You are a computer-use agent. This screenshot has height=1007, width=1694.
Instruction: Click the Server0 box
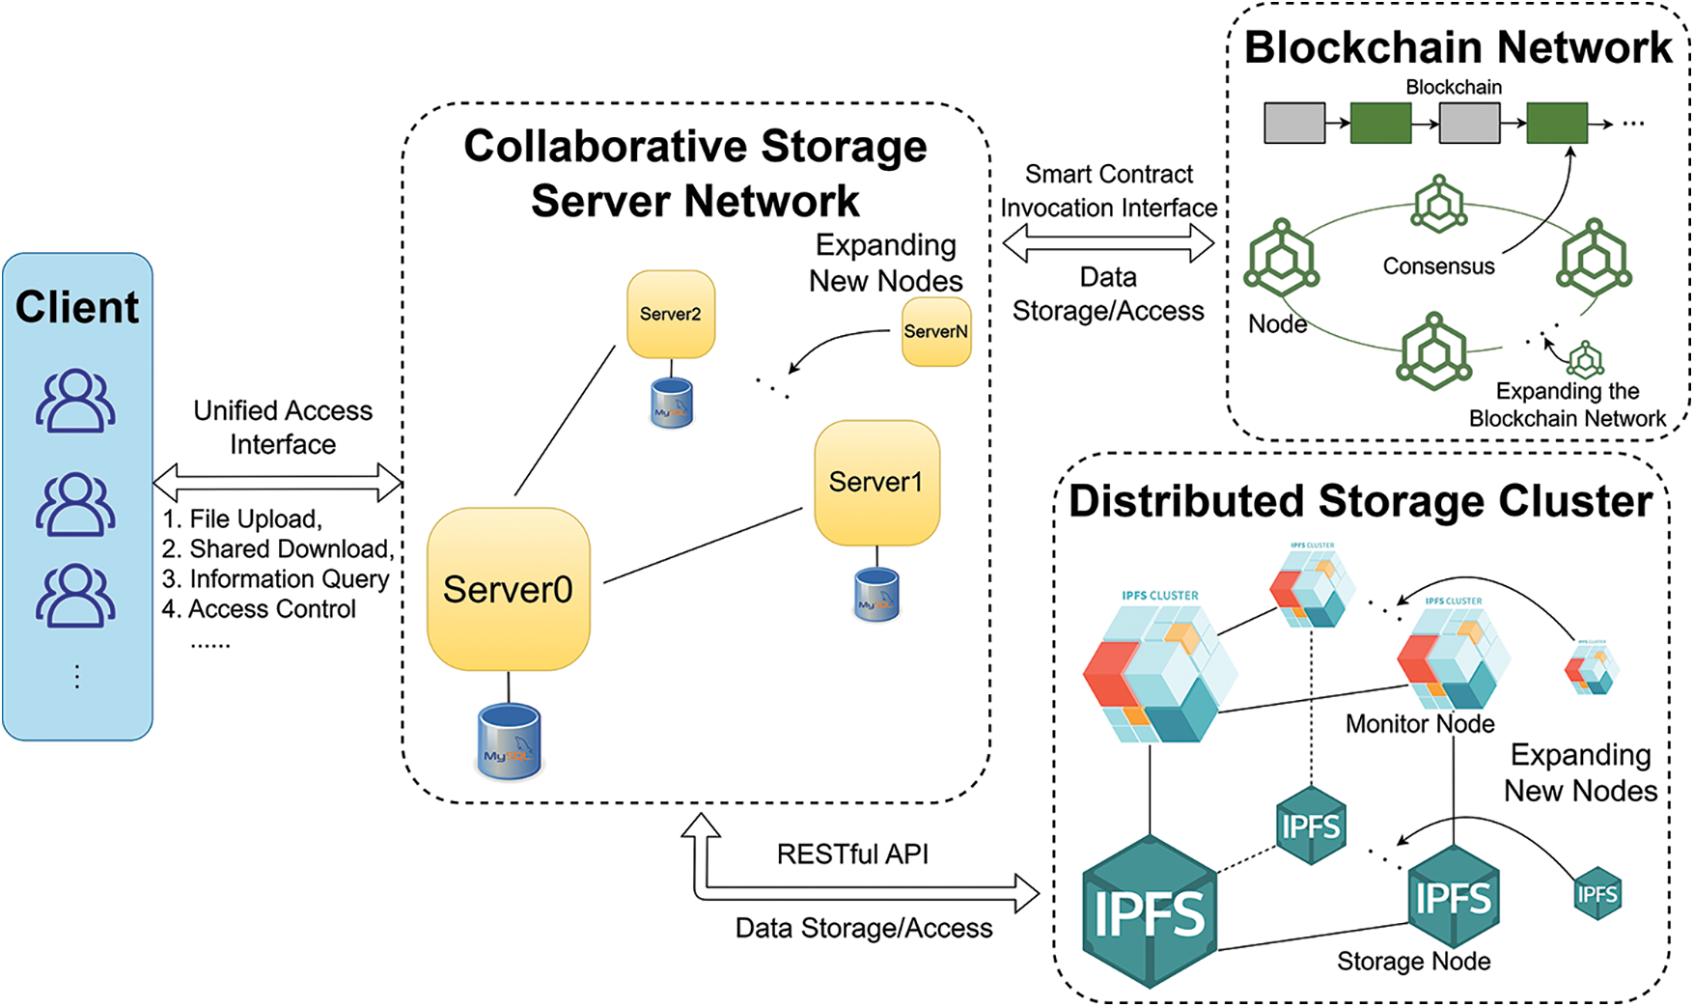pos(508,589)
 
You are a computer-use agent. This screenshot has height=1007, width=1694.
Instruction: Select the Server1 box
pos(876,482)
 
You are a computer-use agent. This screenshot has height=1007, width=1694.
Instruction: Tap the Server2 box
pos(671,314)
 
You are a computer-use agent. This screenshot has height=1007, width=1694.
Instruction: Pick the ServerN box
pos(935,331)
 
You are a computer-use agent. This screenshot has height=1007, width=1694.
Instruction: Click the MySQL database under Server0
pos(509,741)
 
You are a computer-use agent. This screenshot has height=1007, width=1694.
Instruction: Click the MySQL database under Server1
pos(876,594)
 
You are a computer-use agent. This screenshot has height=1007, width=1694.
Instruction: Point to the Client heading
pos(77,307)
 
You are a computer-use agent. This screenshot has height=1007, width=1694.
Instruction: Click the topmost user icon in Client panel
pos(75,400)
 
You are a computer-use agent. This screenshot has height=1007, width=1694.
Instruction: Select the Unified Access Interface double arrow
pos(278,482)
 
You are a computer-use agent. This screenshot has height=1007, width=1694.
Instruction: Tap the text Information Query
pos(290,578)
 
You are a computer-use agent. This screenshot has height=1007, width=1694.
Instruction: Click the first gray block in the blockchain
pos(1294,124)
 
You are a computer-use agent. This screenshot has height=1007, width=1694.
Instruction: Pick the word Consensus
pos(1438,266)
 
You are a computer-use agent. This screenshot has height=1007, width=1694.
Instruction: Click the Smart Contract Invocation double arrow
pos(1108,242)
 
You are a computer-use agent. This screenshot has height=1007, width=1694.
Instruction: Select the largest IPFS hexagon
pos(1149,911)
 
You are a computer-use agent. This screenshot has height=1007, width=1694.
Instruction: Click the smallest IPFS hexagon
pos(1597,894)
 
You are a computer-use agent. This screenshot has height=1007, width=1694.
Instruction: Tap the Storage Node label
pos(1413,961)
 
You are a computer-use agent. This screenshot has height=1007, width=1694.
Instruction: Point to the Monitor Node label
pos(1419,723)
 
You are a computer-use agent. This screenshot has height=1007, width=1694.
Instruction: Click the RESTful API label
pos(852,853)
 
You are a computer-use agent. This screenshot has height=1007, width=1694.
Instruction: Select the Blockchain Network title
pos(1458,47)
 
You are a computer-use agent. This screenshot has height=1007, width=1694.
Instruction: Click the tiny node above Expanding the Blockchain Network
pos(1585,359)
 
